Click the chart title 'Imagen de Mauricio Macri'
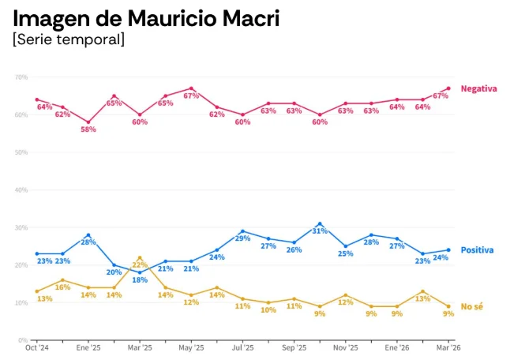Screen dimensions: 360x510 tap(146, 17)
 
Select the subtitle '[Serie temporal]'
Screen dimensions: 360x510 tap(69, 39)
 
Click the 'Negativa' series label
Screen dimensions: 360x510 tap(478, 88)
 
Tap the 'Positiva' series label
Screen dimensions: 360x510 tap(477, 250)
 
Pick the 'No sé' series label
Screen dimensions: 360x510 tap(471, 306)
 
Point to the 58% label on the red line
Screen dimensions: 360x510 tap(88, 129)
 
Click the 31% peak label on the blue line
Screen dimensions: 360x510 tap(319, 231)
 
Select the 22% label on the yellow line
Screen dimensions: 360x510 tap(140, 265)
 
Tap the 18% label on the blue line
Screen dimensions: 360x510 tap(139, 280)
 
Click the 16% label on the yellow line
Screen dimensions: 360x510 tap(62, 287)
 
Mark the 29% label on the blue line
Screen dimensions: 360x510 tap(242, 238)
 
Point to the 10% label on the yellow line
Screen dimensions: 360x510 tap(268, 310)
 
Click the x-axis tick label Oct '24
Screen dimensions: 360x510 tap(36, 347)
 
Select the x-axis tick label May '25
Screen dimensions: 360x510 tap(191, 347)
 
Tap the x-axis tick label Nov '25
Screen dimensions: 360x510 tap(345, 347)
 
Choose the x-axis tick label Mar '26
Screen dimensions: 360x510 tap(448, 347)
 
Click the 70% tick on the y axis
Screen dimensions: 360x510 tap(21, 77)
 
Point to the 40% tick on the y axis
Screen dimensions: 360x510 tap(21, 190)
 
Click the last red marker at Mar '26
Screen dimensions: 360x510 tap(448, 88)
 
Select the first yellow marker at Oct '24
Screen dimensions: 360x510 tap(36, 291)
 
